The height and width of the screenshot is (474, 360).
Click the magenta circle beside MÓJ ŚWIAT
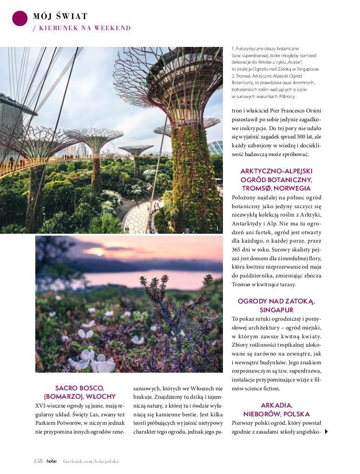tap(20, 18)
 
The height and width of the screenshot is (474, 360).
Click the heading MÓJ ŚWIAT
tap(60, 16)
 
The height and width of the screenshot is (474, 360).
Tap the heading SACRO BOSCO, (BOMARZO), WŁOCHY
tap(79, 392)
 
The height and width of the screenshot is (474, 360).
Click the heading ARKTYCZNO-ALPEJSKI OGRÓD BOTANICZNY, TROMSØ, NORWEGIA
tap(276, 179)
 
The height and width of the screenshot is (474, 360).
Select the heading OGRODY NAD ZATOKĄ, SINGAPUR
tap(276, 305)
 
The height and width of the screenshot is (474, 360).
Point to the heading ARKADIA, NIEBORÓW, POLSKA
tap(276, 409)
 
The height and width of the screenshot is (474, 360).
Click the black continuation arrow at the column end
tap(327, 432)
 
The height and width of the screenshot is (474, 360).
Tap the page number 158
tap(38, 461)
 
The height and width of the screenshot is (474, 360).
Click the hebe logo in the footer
tap(51, 461)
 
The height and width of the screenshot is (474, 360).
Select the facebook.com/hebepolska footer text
tap(91, 461)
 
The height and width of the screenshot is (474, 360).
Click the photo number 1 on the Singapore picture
tap(217, 228)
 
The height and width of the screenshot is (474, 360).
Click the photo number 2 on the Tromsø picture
tap(217, 241)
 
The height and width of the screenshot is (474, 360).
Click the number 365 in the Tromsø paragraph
tap(238, 250)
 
